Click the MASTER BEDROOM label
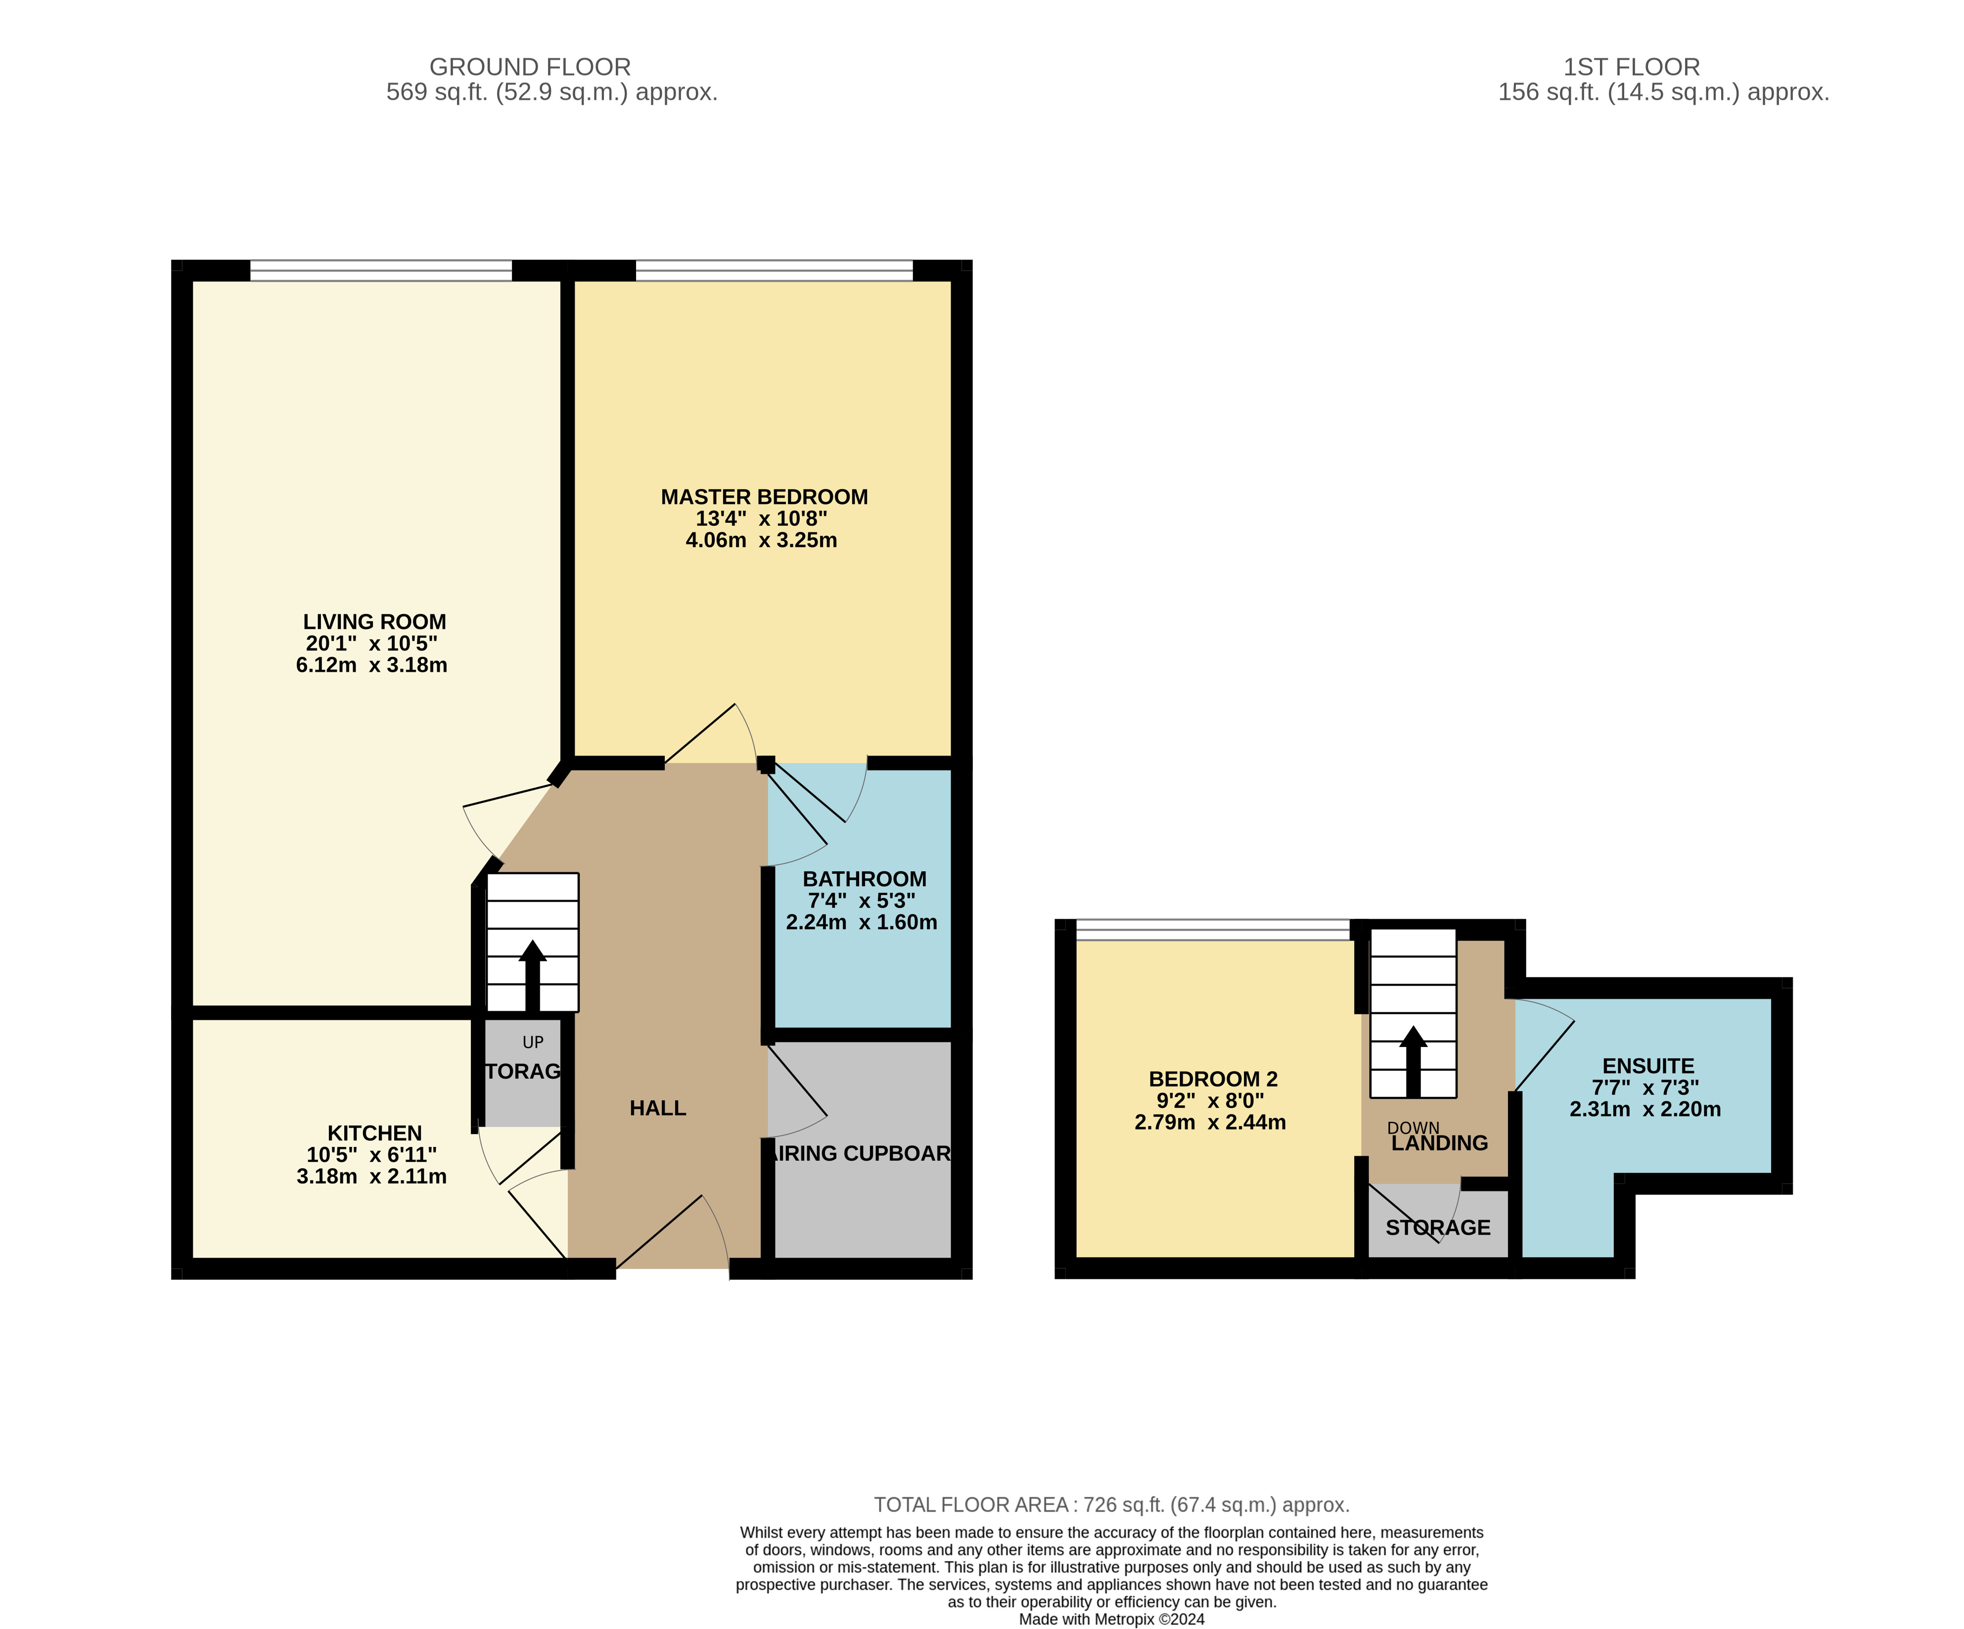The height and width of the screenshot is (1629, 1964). (x=764, y=497)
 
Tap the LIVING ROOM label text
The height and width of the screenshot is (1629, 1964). (x=374, y=622)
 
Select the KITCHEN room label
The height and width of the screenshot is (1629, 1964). (x=374, y=1132)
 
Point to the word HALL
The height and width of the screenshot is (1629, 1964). (x=657, y=1108)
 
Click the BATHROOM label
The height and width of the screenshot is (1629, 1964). (x=864, y=879)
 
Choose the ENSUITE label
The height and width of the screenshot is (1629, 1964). (x=1648, y=1066)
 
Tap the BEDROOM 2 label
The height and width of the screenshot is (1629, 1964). (x=1213, y=1079)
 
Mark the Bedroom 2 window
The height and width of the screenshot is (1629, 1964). (x=1213, y=930)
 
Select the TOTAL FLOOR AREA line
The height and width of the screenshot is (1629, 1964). (x=1111, y=1505)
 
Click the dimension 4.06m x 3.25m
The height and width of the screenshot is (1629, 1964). (x=761, y=541)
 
